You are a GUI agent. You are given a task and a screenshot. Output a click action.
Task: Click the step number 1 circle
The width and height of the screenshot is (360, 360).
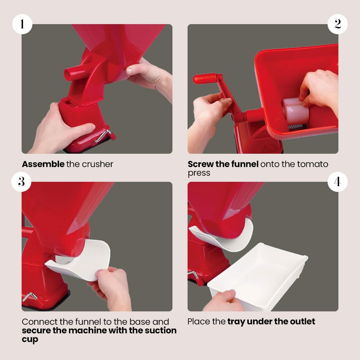tap(22, 24)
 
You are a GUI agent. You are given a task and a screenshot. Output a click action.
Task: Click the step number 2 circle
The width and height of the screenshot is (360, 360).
tap(338, 24)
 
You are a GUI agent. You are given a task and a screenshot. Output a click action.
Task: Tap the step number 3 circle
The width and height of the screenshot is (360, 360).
tap(21, 181)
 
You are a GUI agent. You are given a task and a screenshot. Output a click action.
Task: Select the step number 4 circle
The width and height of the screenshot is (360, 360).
tap(338, 181)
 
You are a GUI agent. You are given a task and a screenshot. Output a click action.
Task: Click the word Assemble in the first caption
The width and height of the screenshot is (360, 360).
tap(43, 164)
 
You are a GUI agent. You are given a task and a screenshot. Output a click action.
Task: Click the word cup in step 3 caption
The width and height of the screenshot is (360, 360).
tap(30, 340)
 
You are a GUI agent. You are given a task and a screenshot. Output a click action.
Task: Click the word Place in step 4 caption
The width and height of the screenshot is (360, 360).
tap(199, 321)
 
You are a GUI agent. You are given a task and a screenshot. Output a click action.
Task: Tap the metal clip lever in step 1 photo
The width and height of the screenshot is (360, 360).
tap(103, 136)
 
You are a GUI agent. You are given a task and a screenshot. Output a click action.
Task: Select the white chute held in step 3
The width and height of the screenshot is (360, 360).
tap(80, 260)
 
